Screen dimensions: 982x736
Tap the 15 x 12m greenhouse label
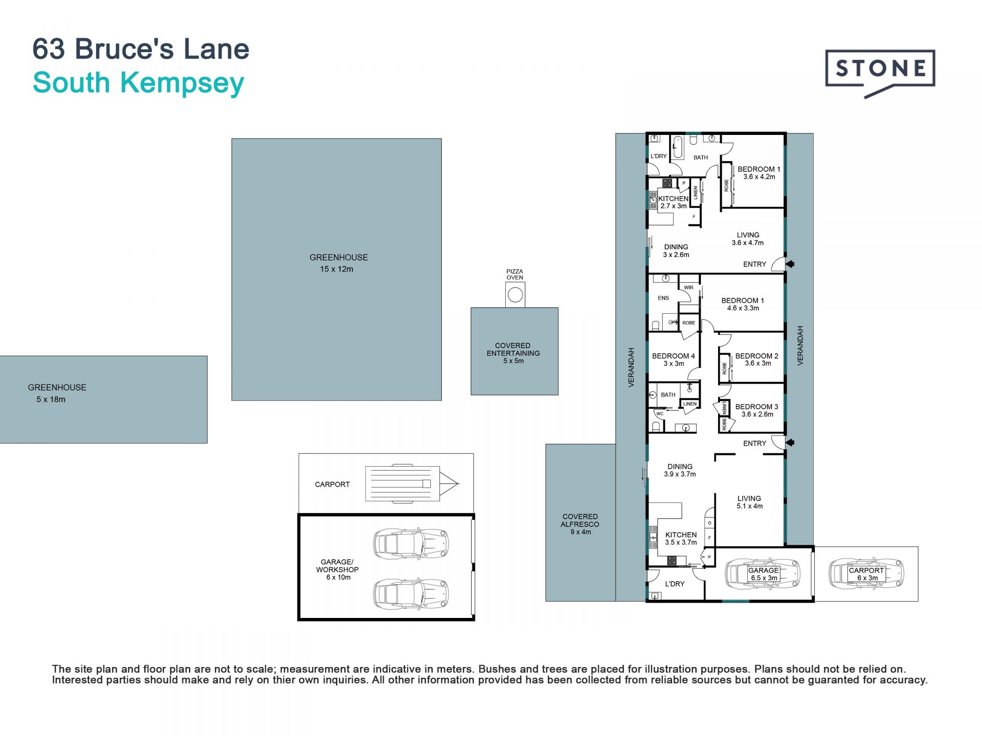(x=338, y=263)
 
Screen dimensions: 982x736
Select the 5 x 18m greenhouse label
(x=57, y=393)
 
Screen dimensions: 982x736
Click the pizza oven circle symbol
(x=515, y=295)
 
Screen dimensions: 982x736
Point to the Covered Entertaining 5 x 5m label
(x=513, y=353)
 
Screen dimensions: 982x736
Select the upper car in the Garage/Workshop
(x=411, y=543)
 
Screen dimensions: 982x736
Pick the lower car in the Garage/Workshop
(x=411, y=594)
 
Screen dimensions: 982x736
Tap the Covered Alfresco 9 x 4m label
(x=580, y=524)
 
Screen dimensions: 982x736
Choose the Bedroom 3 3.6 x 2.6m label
(x=757, y=410)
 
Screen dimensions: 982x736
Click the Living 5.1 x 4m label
(x=749, y=502)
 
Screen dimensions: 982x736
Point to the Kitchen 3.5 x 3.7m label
(x=681, y=538)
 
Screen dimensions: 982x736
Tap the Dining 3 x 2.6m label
(x=676, y=250)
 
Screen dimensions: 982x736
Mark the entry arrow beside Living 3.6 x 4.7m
(x=790, y=264)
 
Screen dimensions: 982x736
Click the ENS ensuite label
(x=663, y=298)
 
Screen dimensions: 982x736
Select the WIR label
(x=689, y=288)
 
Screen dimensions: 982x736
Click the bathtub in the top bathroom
(x=678, y=147)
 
